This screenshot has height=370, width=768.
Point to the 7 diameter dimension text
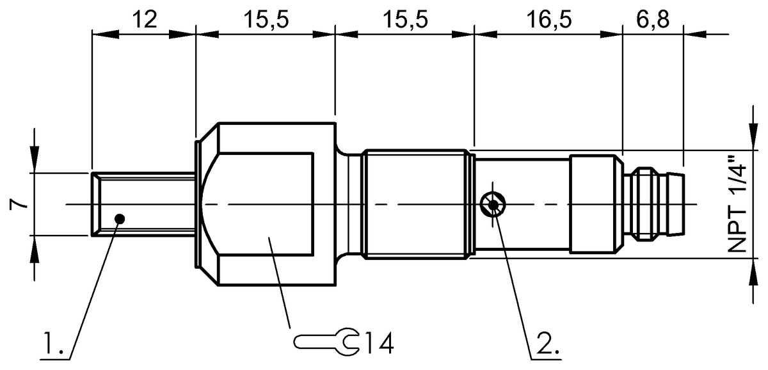tap(20, 205)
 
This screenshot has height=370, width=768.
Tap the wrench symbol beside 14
tap(326, 342)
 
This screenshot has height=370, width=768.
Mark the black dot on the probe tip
tap(119, 218)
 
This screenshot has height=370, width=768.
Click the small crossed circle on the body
tap(493, 205)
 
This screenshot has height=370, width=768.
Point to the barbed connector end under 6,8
tap(656, 204)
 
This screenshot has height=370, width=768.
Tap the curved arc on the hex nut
tap(204, 205)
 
